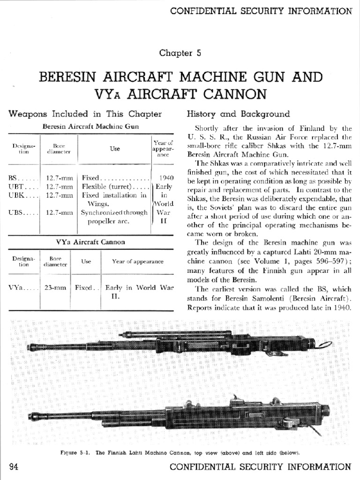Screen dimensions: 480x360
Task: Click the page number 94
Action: coord(15,466)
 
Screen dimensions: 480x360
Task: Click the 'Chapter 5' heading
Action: coord(180,53)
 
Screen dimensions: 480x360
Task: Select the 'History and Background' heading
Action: coord(238,114)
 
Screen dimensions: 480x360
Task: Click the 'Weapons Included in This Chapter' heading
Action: coord(85,114)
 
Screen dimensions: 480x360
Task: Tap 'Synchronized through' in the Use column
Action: coord(114,212)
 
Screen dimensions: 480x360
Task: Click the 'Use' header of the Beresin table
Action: coord(115,149)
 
